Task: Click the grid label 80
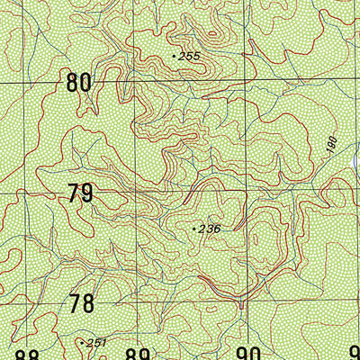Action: coord(79,84)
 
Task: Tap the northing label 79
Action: coord(80,193)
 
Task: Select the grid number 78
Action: coord(81,303)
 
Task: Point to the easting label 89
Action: coord(137,354)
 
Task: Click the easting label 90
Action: coord(247,354)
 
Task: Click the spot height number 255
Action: coord(189,57)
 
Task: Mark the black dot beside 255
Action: coord(174,56)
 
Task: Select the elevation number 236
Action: coord(210,229)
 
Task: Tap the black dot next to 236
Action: coord(194,229)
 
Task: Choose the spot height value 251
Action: coord(96,343)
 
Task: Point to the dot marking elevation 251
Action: coord(82,342)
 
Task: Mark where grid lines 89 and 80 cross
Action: coord(134,83)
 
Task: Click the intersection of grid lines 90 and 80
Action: coord(245,82)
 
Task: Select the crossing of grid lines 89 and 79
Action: coord(135,193)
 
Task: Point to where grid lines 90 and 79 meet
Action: coord(246,192)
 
